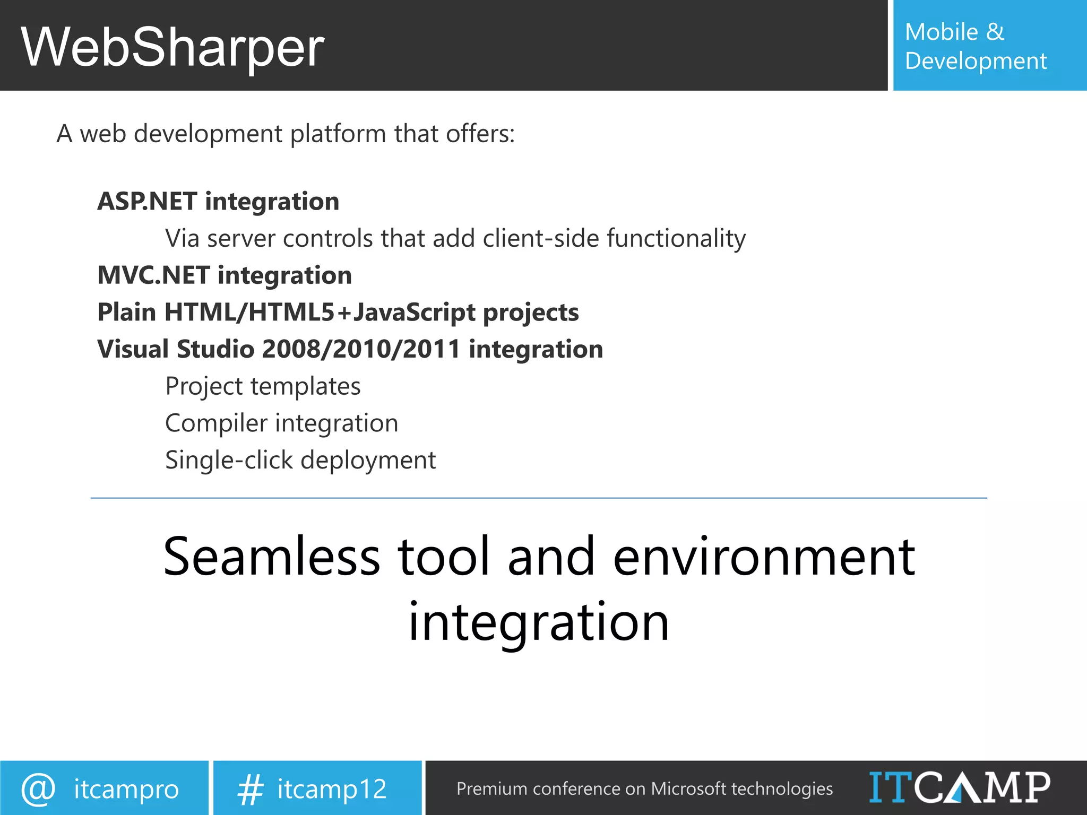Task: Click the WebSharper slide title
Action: point(172,48)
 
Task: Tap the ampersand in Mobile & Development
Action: point(995,32)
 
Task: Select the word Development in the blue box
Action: point(976,61)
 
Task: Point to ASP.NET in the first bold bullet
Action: point(147,202)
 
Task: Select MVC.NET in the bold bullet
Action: point(153,275)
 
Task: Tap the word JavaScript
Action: point(414,313)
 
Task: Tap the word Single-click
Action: point(229,460)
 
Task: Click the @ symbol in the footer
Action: point(38,788)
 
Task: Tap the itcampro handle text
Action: point(126,790)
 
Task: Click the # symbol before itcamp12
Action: point(249,789)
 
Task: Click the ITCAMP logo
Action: point(959,787)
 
